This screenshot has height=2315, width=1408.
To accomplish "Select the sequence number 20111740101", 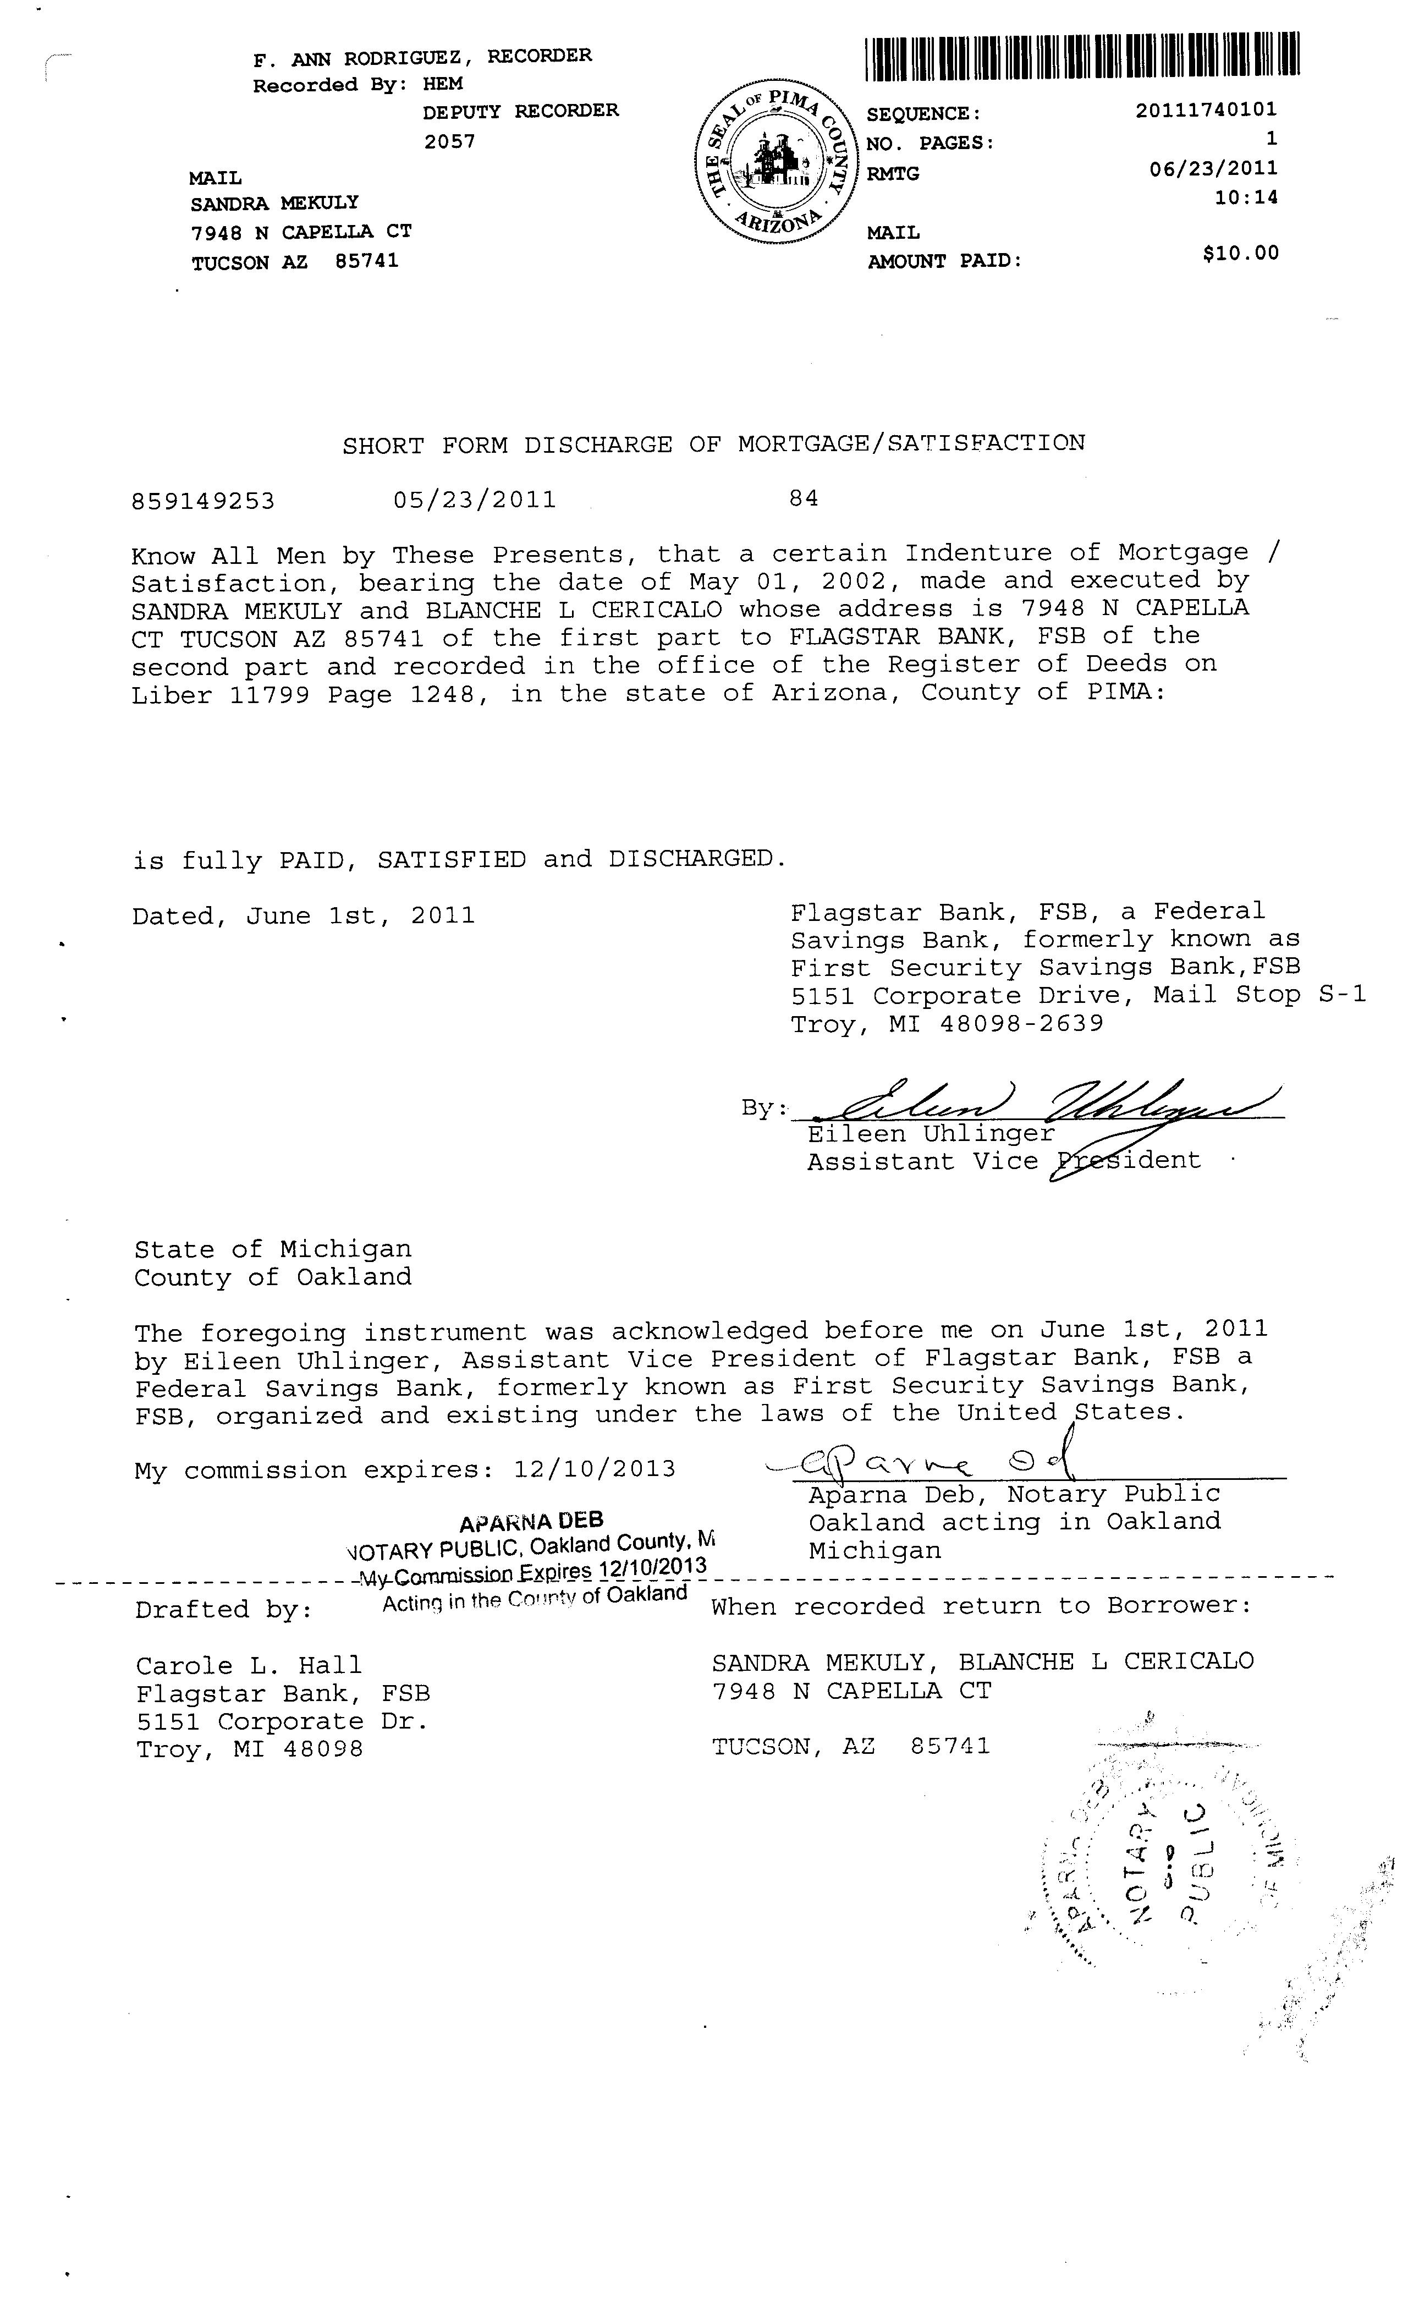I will (x=1206, y=110).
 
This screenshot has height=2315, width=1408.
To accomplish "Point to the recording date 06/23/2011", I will (x=1213, y=168).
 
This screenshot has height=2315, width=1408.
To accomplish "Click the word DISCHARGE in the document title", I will (x=597, y=445).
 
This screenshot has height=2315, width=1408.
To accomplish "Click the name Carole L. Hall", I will (x=249, y=1666).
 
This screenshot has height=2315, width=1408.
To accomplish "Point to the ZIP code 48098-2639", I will (x=1021, y=1023).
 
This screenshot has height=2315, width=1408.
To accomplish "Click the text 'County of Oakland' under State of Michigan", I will (x=272, y=1278).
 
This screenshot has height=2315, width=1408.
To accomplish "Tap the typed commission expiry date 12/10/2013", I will (x=595, y=1469).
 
